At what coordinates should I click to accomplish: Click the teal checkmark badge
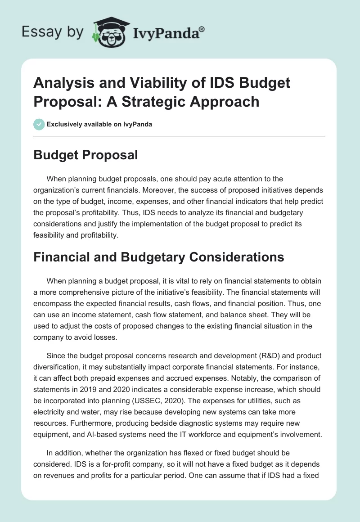point(39,124)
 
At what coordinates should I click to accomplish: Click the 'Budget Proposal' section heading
point(86,155)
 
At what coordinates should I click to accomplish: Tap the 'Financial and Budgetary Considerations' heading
point(159,257)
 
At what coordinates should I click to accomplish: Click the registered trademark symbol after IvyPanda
point(202,29)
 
